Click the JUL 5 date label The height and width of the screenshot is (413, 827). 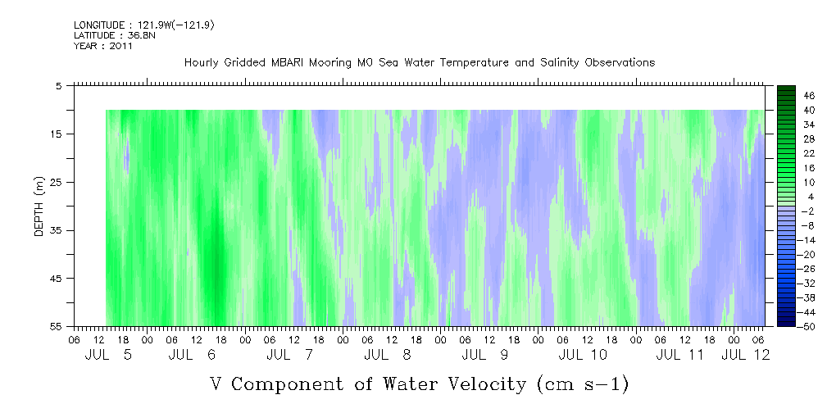pos(109,355)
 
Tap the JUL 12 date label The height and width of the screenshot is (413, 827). pos(745,355)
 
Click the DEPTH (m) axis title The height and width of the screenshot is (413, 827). pos(39,206)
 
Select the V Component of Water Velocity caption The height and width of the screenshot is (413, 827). pos(420,384)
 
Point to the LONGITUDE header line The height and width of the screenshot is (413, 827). pos(144,25)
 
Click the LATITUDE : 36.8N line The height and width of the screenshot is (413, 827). pos(115,35)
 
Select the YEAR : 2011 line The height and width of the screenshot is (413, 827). pos(103,45)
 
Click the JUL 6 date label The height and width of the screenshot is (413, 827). pos(193,355)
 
